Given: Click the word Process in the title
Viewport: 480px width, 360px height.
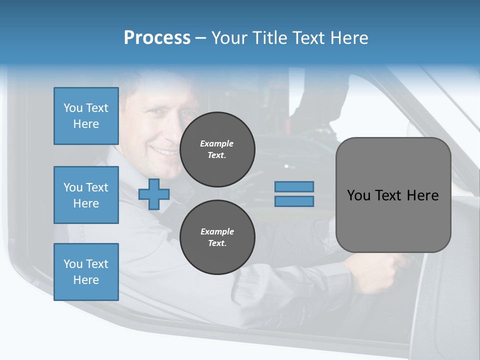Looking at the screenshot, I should (157, 37).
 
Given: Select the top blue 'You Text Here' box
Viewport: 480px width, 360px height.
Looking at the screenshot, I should (86, 116).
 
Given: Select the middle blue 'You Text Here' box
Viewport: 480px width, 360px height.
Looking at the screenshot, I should (86, 195).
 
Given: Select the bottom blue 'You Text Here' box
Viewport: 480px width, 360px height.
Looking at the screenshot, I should (86, 271).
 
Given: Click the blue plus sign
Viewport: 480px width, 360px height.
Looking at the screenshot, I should (154, 194).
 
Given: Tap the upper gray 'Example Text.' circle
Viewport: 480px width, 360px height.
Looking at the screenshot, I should (217, 149).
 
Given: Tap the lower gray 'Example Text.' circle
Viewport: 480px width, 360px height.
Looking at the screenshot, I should (217, 237).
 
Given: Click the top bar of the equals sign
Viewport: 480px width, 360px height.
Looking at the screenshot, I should (294, 186).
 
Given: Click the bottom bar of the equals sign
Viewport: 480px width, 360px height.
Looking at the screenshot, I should (294, 201).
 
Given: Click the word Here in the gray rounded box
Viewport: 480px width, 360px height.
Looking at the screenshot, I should (422, 195).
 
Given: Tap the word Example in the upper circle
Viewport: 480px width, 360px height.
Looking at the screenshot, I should (216, 143).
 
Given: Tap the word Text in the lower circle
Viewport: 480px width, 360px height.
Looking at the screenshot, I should (216, 243).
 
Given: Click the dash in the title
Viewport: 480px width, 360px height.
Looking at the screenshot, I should (201, 38).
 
